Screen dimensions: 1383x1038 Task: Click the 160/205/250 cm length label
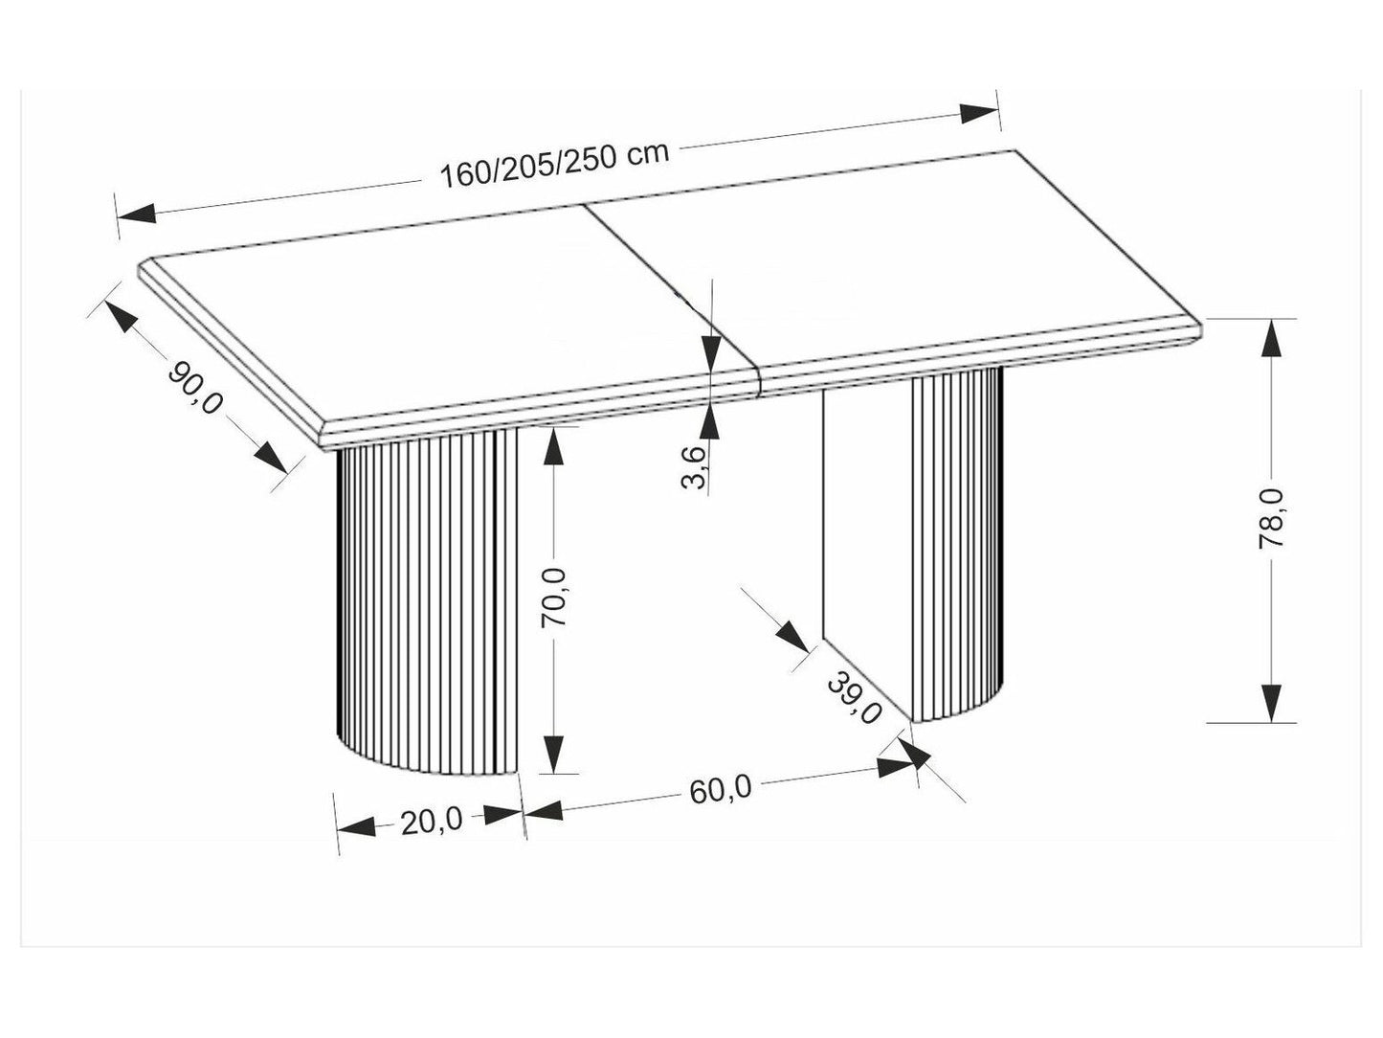click(x=554, y=166)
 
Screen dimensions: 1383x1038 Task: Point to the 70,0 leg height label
click(x=554, y=597)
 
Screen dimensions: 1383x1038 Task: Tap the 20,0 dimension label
click(x=432, y=822)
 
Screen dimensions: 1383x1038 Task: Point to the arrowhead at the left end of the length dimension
click(x=136, y=213)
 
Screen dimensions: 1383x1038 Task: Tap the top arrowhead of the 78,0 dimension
click(x=1271, y=338)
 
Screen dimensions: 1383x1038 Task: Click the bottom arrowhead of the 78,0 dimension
click(x=1271, y=702)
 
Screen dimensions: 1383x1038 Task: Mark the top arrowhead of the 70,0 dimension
click(x=553, y=447)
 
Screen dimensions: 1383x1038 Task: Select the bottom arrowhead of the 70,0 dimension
click(x=553, y=754)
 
